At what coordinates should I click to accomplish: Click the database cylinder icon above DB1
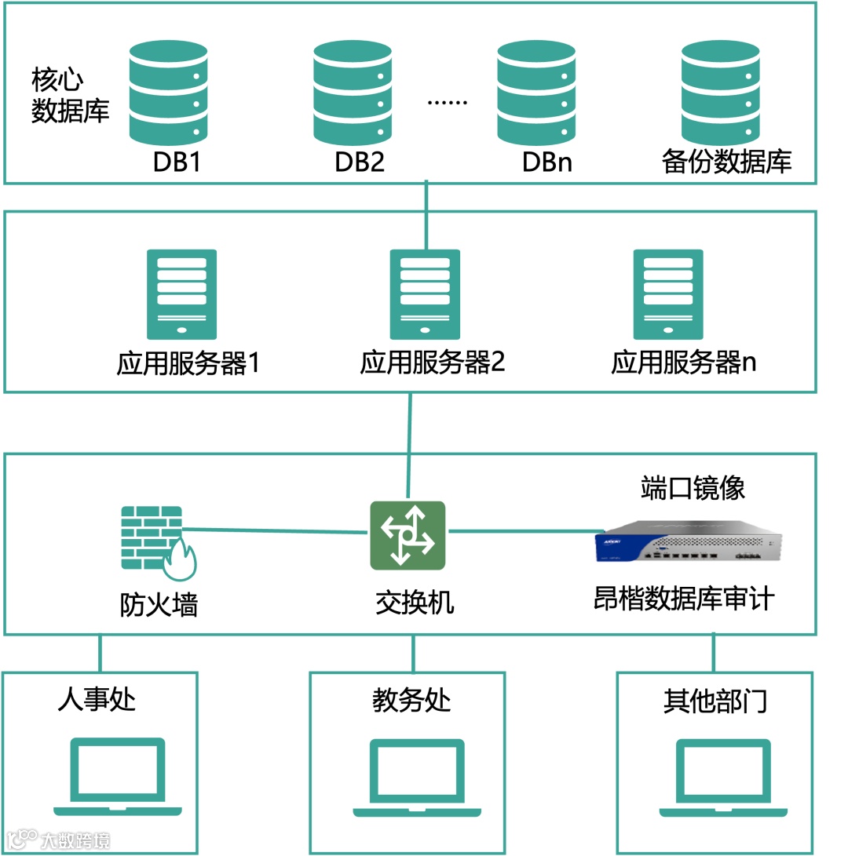169,92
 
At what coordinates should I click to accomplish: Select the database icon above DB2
353,92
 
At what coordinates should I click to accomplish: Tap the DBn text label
547,162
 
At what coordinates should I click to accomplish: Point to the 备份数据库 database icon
721,92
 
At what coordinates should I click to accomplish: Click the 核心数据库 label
69,97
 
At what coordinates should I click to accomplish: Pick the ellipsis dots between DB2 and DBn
447,102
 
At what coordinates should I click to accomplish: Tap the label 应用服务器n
683,363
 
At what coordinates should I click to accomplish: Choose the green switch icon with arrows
408,535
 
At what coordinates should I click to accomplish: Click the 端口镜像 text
692,488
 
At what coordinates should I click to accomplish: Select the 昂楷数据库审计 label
684,599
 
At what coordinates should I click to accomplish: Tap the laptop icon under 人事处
118,777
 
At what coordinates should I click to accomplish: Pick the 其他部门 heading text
715,701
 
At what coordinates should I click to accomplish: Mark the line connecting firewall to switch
275,531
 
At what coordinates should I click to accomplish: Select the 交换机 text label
414,603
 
